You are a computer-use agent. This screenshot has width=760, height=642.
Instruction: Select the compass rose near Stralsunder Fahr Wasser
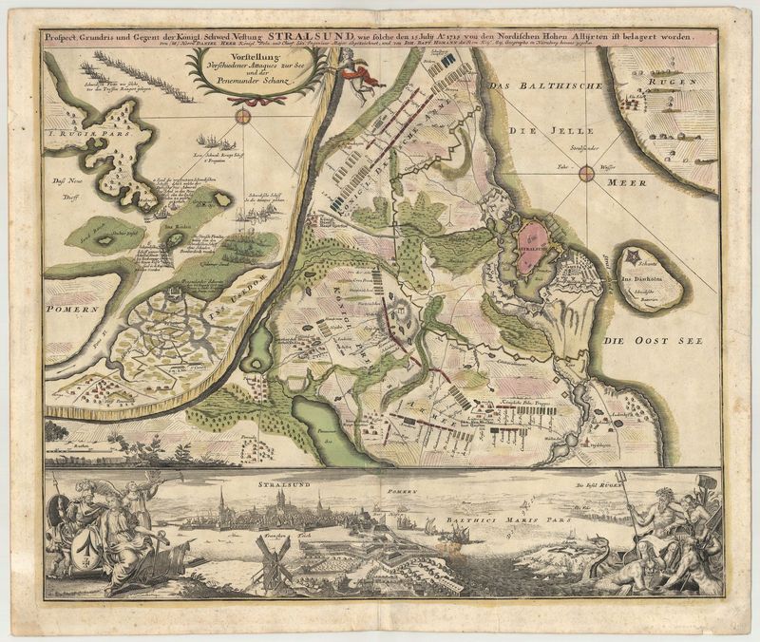click(x=587, y=173)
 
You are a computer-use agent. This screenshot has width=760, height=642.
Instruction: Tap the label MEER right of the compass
click(x=626, y=181)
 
